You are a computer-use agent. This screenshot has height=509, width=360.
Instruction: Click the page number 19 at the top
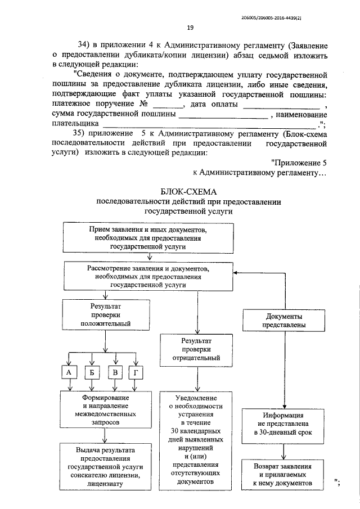(x=190, y=29)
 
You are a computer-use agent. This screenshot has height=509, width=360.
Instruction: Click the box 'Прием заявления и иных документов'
(x=148, y=238)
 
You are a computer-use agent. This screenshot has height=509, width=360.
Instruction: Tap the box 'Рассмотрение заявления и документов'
(x=148, y=277)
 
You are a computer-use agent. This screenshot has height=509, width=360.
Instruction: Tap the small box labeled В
(x=115, y=372)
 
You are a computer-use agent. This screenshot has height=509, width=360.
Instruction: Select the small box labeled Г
(x=136, y=372)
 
